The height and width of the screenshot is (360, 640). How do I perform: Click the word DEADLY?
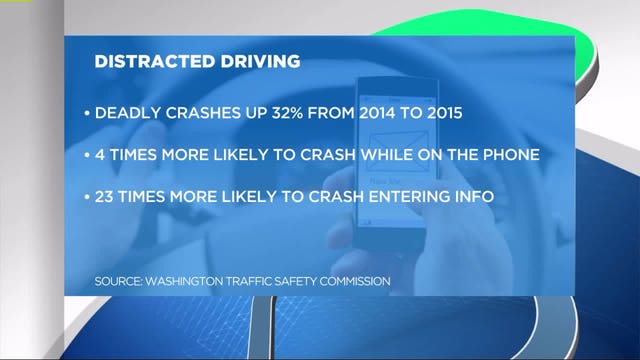(124, 113)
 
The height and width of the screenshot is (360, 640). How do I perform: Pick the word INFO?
(470, 195)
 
